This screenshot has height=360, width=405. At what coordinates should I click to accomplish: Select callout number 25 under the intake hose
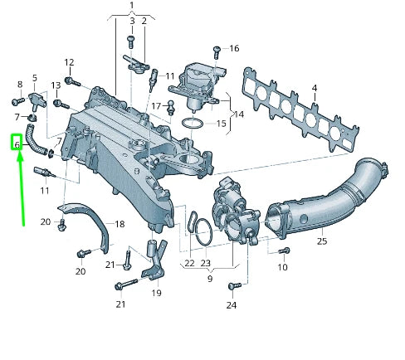coord(321,241)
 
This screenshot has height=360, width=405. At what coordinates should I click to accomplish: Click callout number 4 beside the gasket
coord(315,87)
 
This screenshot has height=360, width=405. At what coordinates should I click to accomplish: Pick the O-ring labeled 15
coord(192,124)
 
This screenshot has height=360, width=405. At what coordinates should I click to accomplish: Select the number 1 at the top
coord(130,7)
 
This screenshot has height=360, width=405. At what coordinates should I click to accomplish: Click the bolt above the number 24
coord(232,286)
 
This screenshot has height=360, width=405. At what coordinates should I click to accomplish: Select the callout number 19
coord(156,293)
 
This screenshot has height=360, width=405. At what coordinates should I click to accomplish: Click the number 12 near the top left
coord(70,62)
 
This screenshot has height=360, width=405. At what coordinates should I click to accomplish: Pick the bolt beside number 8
coord(17,101)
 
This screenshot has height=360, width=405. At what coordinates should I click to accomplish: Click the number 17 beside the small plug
coord(155,105)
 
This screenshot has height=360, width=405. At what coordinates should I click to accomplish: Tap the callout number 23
coord(206,263)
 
